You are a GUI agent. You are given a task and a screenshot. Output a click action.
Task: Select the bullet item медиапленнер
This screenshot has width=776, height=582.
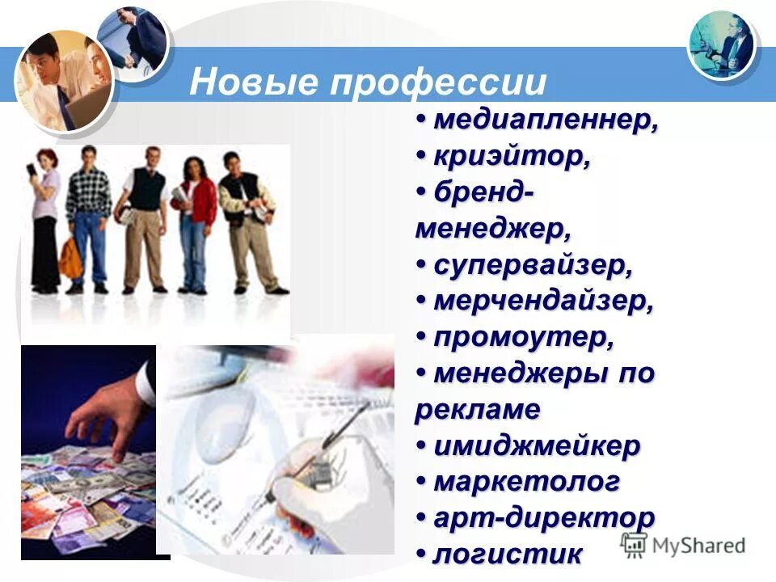point(546,121)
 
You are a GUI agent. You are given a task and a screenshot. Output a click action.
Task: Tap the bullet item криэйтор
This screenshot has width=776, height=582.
point(511,157)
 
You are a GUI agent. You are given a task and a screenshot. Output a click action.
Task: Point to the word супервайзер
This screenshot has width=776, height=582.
point(533,265)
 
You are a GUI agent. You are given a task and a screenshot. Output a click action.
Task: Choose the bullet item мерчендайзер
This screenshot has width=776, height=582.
point(543,302)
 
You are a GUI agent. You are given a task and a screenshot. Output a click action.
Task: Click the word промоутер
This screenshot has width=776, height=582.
point(523,338)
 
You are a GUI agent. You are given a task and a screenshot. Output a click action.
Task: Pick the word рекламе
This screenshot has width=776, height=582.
point(477,410)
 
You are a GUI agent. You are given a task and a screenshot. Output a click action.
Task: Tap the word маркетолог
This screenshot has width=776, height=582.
point(527,482)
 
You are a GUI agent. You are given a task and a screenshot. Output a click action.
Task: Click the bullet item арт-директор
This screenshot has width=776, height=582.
point(544,517)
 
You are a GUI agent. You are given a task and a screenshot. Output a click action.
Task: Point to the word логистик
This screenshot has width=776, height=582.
point(508,554)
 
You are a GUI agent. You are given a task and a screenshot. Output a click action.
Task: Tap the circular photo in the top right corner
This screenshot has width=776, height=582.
point(722,45)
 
